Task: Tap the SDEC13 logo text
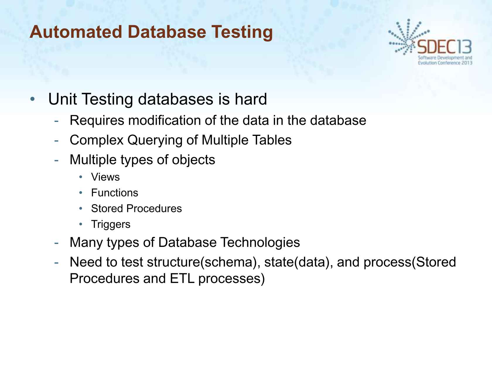444,47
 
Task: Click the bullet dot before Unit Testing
33,99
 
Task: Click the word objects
193,160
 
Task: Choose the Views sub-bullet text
105,177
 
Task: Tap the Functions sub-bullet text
115,193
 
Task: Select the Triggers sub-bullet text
110,224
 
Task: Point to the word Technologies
260,242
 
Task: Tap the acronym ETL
182,279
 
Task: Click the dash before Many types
57,243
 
